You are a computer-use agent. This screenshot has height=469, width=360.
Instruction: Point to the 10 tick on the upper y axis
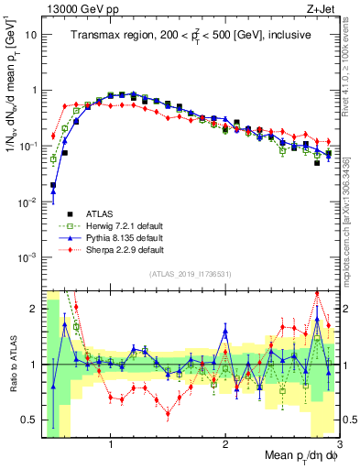pyautogui.click(x=30, y=35)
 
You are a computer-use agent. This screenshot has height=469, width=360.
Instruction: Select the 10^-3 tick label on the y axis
pyautogui.click(x=27, y=257)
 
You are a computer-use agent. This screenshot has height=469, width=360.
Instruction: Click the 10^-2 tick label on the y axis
pyautogui.click(x=27, y=202)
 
